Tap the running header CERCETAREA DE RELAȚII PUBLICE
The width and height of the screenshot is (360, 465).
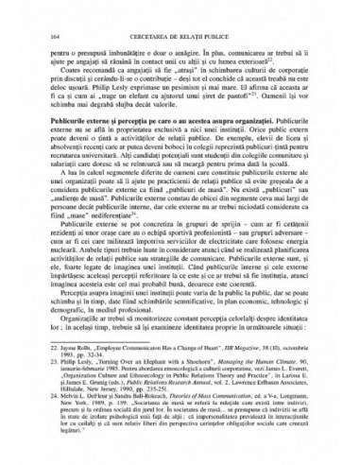tap(180, 10)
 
